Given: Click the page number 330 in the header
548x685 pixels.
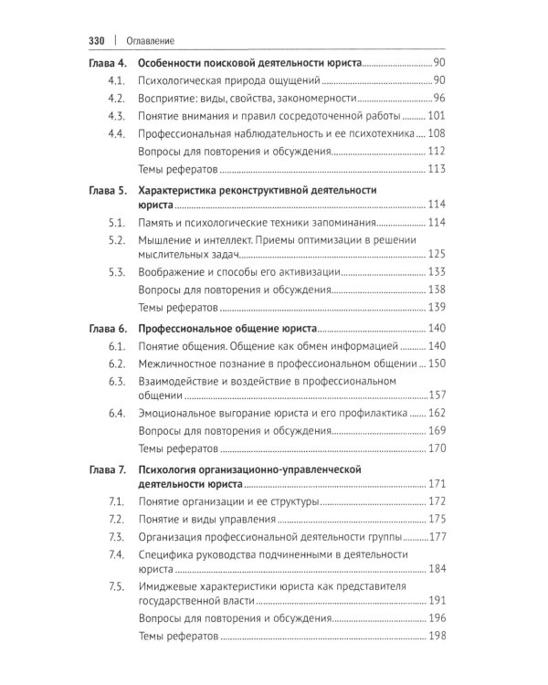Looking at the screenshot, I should pos(98,40).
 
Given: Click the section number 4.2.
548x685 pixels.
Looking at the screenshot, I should pos(116,99).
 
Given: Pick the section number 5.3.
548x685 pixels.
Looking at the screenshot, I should pos(116,271).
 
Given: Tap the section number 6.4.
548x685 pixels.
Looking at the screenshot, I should pos(116,414).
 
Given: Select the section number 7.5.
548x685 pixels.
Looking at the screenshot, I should pos(116,585).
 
